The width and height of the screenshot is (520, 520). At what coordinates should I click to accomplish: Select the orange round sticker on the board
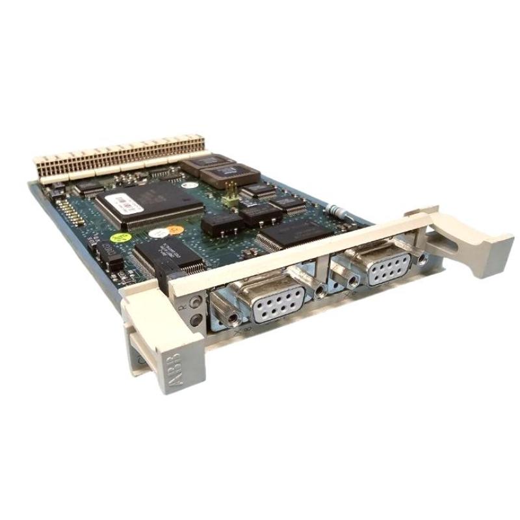(174, 229)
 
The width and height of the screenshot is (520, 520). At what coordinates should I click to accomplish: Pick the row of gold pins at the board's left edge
(66, 209)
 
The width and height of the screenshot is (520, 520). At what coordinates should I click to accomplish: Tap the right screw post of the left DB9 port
(320, 291)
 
